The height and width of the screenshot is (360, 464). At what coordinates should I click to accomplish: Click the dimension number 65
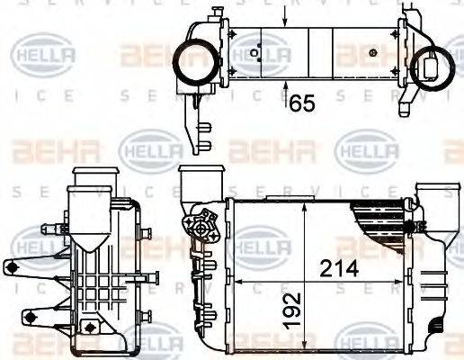pyautogui.click(x=302, y=103)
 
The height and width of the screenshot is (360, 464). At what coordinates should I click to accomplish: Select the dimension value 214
pyautogui.click(x=339, y=267)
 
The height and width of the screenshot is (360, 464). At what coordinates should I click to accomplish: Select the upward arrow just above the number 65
pyautogui.click(x=287, y=88)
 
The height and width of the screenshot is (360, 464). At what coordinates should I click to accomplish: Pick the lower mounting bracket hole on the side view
pyautogui.click(x=30, y=316)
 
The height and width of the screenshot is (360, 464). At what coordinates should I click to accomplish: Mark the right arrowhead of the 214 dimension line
pyautogui.click(x=401, y=283)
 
